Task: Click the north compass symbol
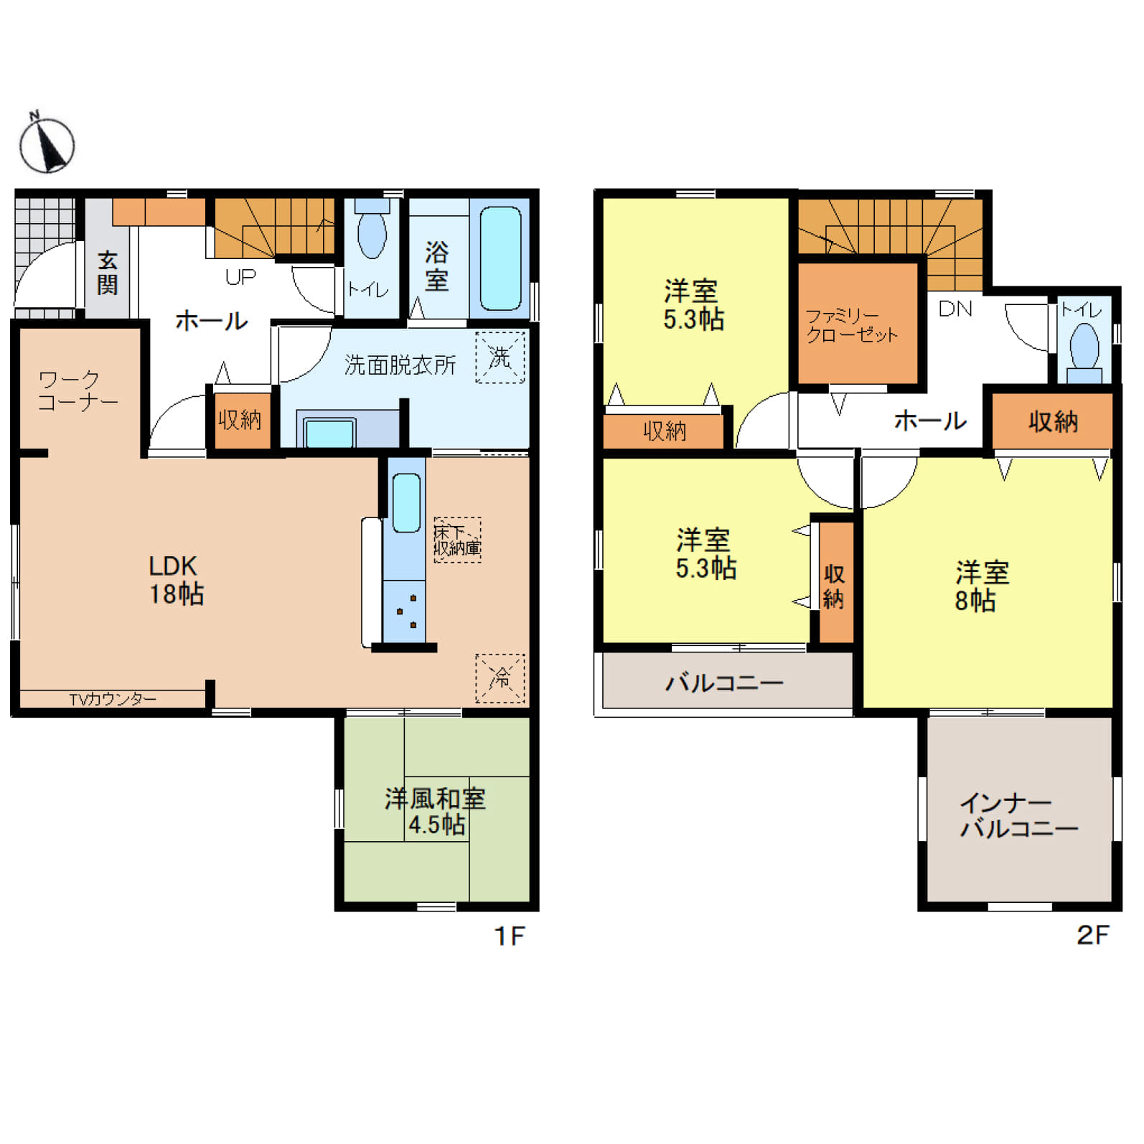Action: coord(47,144)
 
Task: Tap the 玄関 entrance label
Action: coord(108,273)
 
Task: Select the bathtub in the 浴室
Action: coord(500,258)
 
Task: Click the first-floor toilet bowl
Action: coord(372,231)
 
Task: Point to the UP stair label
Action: coord(240,277)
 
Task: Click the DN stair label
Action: coord(955,309)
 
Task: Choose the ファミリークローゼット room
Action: coord(858,324)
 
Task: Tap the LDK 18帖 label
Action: coord(176,580)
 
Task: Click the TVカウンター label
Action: coord(113,698)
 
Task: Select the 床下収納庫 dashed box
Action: coord(457,540)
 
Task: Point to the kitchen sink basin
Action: coord(406,502)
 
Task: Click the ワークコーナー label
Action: coord(78,390)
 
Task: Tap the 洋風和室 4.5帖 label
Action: coord(436,812)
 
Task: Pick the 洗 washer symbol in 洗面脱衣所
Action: coord(500,357)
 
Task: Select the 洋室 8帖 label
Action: coord(981,586)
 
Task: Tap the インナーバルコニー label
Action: coord(1018,815)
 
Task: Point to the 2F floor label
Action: coord(1092,934)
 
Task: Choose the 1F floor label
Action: coord(510,936)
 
